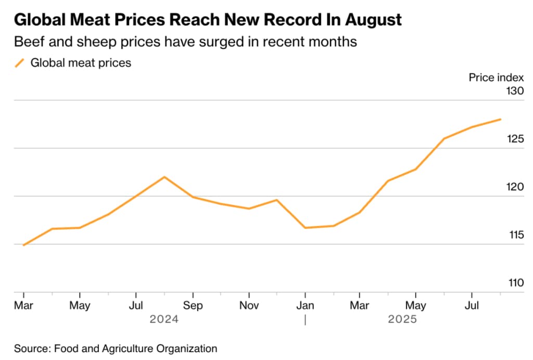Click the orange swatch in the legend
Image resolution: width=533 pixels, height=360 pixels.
(x=20, y=63)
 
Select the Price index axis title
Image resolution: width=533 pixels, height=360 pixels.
(x=496, y=78)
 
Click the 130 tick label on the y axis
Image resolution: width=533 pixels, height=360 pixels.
(x=514, y=91)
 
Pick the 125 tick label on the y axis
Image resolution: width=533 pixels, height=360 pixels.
(x=514, y=139)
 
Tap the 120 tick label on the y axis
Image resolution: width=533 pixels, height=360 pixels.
(x=514, y=187)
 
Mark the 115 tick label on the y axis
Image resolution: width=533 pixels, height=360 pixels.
(x=514, y=235)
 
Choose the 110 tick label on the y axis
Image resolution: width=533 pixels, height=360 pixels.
(x=514, y=284)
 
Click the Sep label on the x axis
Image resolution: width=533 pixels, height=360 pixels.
(x=193, y=305)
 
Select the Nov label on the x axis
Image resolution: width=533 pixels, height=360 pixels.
(x=249, y=305)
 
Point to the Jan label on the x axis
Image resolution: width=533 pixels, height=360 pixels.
(x=306, y=305)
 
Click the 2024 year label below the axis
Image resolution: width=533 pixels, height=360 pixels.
(x=164, y=319)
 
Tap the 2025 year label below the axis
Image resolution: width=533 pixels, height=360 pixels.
(x=402, y=319)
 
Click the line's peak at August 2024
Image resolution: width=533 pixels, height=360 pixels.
(x=164, y=177)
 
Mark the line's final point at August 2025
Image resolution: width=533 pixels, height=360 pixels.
(x=501, y=119)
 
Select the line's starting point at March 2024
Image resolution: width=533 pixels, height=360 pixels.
(x=23, y=245)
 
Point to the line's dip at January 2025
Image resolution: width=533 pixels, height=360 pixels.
(x=305, y=227)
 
